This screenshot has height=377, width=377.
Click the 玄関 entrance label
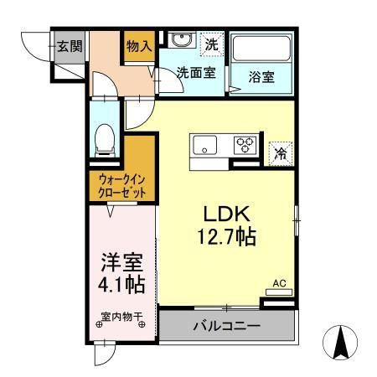[x=69, y=46]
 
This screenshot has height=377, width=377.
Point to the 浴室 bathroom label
[x=261, y=75]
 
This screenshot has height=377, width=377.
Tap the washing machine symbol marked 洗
[x=212, y=42]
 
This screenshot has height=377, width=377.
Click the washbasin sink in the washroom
[x=179, y=41]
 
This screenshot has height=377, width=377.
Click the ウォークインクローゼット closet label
[x=122, y=185]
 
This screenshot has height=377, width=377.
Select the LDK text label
[x=222, y=214]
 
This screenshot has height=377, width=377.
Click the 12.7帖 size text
[x=222, y=237]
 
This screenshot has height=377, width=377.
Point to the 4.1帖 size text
[x=121, y=285]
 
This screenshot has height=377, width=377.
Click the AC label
[x=279, y=284]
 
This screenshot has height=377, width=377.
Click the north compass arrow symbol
[x=341, y=343]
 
